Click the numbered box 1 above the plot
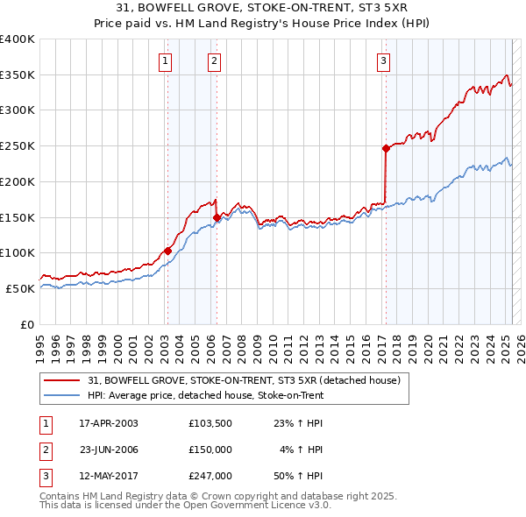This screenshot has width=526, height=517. pos(166,60)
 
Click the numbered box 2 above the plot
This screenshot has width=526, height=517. pos(214,60)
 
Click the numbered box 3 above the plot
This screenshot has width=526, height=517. pos(384,60)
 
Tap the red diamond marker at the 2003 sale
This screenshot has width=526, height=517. pos(167,251)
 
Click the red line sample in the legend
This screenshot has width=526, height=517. pos(62,380)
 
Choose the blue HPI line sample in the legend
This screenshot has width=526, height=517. pos(62,395)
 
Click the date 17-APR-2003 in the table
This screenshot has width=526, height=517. pos(109,423)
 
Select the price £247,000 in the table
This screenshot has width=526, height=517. pos(210,476)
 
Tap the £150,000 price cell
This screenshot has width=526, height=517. pos(210,450)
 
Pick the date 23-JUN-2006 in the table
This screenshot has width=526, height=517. pos(109,450)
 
